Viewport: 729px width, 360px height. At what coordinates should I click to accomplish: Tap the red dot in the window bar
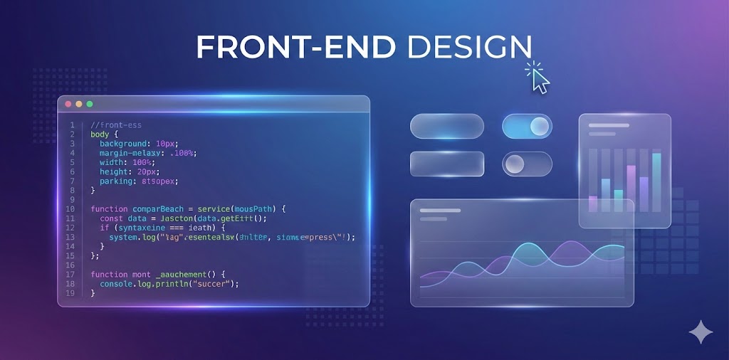[x=68, y=104]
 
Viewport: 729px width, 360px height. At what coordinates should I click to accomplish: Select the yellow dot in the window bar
[x=79, y=104]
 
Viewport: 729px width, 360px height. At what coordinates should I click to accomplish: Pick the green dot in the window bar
[x=90, y=104]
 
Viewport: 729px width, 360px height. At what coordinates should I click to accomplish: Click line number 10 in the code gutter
[x=70, y=209]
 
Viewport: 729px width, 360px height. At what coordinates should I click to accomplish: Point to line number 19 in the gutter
[x=70, y=292]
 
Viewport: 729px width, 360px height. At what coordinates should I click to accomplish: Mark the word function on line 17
[x=108, y=274]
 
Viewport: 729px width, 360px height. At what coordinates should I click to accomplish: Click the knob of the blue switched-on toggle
[x=540, y=127]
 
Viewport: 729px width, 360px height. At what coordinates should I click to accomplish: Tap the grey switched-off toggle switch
[x=527, y=164]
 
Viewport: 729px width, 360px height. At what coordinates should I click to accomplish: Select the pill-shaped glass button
[x=447, y=127]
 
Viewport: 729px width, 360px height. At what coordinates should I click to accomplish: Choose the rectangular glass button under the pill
[x=447, y=164]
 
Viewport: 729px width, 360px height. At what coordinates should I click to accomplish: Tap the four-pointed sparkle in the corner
[x=700, y=332]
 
